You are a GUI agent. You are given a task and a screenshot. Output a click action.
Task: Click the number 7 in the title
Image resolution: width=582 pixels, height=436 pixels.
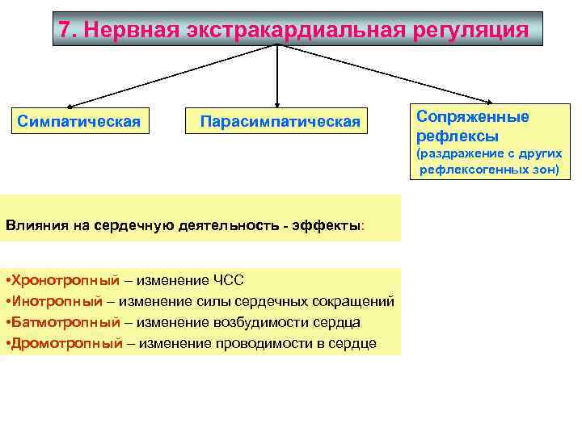[x=66, y=30]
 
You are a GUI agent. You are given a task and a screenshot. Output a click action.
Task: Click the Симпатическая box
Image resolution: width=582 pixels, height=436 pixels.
[x=79, y=122]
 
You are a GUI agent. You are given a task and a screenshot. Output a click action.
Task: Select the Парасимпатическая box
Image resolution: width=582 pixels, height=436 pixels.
[x=280, y=122]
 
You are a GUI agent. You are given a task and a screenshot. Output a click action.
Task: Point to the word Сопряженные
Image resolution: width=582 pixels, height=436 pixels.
[x=473, y=116]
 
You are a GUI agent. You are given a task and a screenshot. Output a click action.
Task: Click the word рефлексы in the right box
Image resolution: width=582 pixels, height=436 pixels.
[x=457, y=136]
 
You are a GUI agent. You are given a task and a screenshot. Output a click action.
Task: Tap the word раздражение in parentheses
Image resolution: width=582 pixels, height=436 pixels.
[x=459, y=153]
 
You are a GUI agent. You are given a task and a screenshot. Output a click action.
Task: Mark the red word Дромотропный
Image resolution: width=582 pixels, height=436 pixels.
[x=65, y=343]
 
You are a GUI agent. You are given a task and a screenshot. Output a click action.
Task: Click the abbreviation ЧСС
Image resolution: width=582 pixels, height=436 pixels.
[x=229, y=280]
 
